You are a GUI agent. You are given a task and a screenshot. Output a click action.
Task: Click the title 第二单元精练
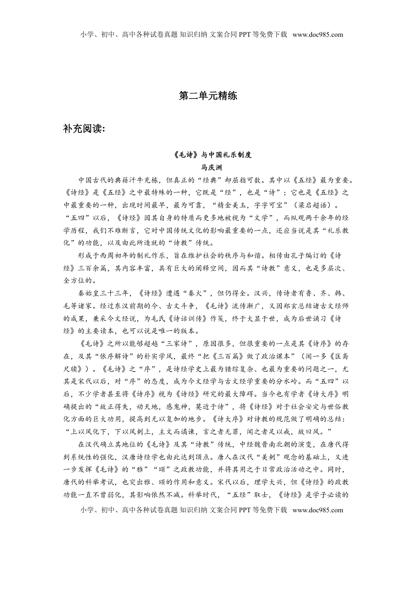tap(208, 96)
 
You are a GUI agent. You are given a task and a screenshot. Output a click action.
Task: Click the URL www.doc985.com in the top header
tap(317, 35)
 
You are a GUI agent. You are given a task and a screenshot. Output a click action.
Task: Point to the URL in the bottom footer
tap(317, 510)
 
